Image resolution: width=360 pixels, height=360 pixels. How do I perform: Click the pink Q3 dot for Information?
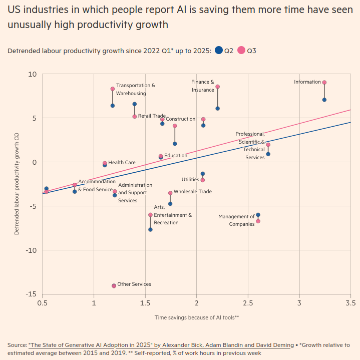pyautogui.click(x=324, y=83)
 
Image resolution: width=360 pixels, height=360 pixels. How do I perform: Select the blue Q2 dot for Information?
pyautogui.click(x=324, y=100)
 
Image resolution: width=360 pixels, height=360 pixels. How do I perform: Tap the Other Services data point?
pyautogui.click(x=114, y=286)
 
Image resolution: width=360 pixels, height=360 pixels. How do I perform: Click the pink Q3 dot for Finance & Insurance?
pyautogui.click(x=218, y=87)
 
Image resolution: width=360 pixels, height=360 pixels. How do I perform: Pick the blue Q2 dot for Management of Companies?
pyautogui.click(x=258, y=215)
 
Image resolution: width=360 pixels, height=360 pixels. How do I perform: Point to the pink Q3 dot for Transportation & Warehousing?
pyautogui.click(x=113, y=89)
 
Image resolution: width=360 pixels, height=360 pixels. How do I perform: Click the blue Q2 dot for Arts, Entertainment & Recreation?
pyautogui.click(x=150, y=229)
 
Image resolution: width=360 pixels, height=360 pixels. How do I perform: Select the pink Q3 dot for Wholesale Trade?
pyautogui.click(x=170, y=193)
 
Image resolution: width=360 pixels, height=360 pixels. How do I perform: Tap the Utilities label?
pyautogui.click(x=190, y=179)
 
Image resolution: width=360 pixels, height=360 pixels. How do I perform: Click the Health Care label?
pyautogui.click(x=122, y=163)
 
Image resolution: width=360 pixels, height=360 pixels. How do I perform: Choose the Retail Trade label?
pyautogui.click(x=152, y=116)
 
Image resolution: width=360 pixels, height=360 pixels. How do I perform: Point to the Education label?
pyautogui.click(x=176, y=156)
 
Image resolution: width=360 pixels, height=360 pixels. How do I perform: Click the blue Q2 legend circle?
pyautogui.click(x=218, y=50)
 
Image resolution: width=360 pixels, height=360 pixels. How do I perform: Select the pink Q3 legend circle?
pyautogui.click(x=241, y=50)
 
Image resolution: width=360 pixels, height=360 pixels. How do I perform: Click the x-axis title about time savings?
pyautogui.click(x=197, y=317)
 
